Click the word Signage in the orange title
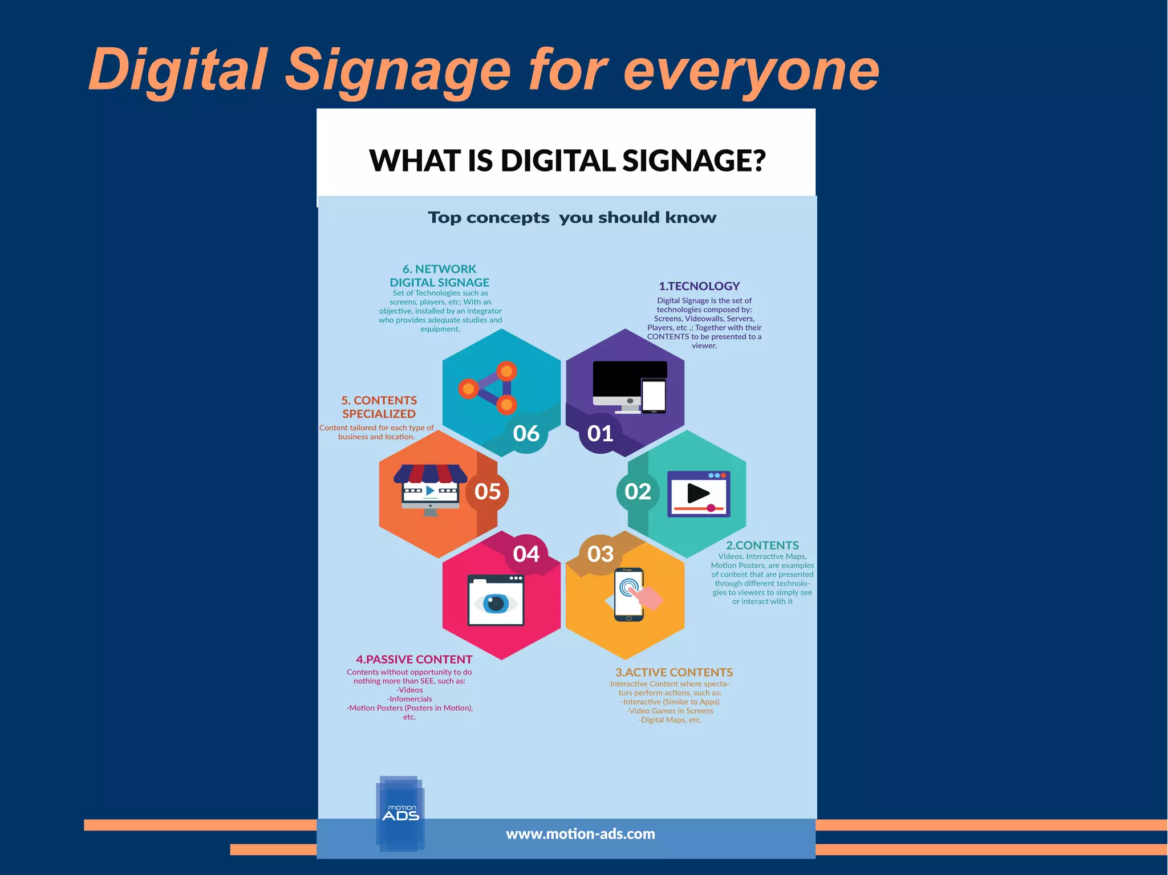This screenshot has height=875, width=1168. click(x=398, y=71)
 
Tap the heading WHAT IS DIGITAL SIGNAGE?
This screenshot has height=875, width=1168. click(x=567, y=161)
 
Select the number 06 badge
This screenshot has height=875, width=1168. click(x=526, y=433)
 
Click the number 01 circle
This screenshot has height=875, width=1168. click(x=600, y=433)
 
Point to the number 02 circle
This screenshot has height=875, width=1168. click(x=638, y=491)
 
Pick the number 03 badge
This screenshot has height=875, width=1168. click(x=600, y=554)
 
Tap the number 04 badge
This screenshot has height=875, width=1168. click(x=526, y=554)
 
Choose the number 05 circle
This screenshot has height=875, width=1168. click(x=488, y=491)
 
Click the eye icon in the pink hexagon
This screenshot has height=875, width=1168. click(x=495, y=603)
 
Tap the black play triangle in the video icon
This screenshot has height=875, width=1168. click(x=697, y=493)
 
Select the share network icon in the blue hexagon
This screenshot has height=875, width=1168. click(x=489, y=388)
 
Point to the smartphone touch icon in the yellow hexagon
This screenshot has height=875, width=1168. click(x=630, y=594)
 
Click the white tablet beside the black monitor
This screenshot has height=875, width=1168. click(x=654, y=395)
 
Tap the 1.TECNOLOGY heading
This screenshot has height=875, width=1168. click(x=699, y=286)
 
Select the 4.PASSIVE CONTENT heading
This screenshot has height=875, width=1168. click(x=414, y=660)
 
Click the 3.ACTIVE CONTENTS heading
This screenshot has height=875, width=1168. click(x=674, y=673)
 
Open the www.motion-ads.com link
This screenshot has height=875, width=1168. click(x=580, y=834)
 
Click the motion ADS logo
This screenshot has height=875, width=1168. click(x=400, y=813)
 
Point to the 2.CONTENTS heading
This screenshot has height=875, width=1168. click(x=762, y=546)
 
